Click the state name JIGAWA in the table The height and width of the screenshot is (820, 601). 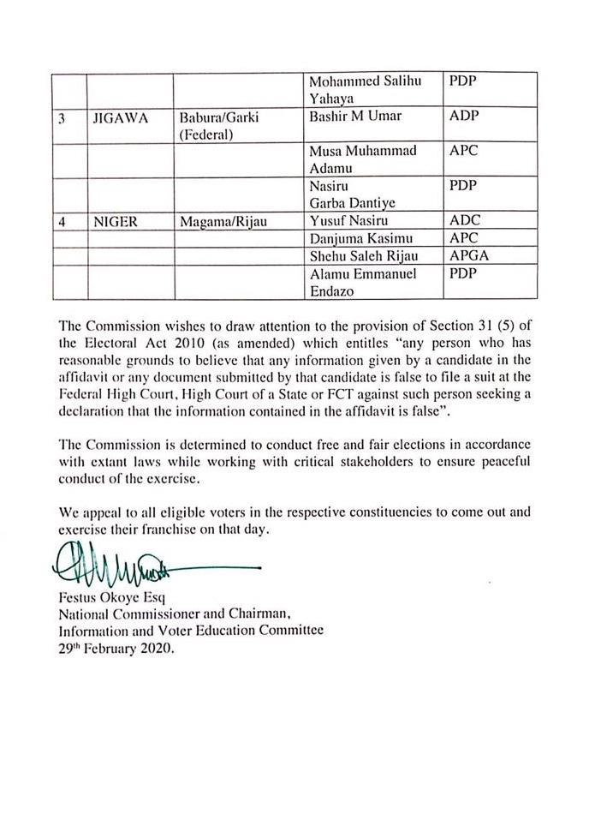[x=121, y=119]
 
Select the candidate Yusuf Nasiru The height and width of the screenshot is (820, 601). [x=348, y=221]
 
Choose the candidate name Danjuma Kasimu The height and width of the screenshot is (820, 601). [x=359, y=238]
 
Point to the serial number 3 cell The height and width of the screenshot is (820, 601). [x=62, y=119]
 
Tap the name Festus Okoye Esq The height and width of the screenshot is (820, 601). [x=111, y=599]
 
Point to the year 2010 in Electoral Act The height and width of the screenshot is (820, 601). [x=178, y=344]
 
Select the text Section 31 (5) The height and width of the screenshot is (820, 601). [x=480, y=326]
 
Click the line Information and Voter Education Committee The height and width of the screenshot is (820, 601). [x=191, y=631]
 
